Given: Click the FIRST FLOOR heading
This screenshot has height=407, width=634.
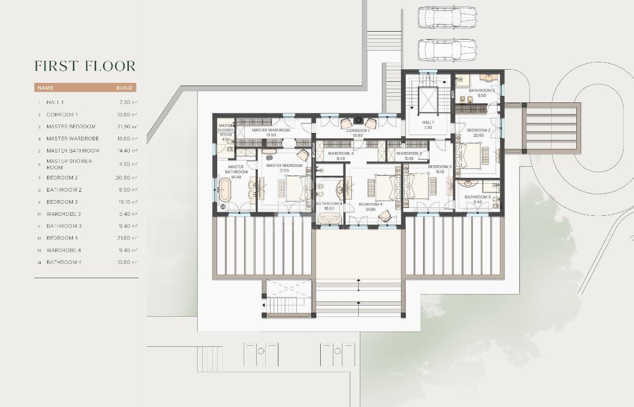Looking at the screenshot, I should click(85, 66).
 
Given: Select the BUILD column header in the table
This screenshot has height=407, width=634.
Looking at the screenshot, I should click(125, 88).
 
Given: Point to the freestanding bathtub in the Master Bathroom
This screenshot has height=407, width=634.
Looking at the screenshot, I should click(225, 190).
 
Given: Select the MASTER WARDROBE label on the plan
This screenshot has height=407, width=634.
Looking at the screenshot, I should click(271, 130).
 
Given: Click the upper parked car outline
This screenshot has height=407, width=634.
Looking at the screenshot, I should click(447, 17).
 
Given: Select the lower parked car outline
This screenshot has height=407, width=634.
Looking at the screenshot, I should click(447, 50).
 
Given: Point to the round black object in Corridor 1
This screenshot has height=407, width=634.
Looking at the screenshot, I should click(359, 119).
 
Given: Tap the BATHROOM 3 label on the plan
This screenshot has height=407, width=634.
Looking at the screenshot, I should click(478, 197).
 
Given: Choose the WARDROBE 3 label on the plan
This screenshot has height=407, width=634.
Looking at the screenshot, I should click(409, 153).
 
